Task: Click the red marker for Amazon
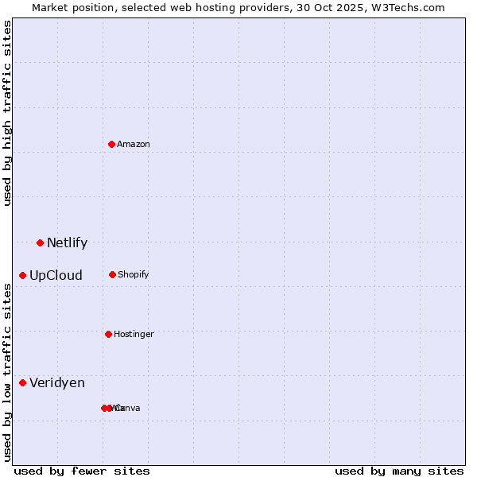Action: point(112,144)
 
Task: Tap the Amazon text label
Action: point(134,145)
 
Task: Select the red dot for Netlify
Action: point(40,242)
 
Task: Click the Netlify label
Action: point(68,243)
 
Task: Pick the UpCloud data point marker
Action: point(22,275)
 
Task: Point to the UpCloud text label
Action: point(56,276)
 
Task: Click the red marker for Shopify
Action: point(112,274)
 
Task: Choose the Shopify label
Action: point(134,275)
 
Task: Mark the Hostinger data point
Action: point(108,334)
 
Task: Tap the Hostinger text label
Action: point(134,335)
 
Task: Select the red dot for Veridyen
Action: point(22,382)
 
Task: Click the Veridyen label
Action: point(57,383)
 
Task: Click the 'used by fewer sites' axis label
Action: point(82,471)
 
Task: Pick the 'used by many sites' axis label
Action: point(399,471)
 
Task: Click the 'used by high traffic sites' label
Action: point(7,114)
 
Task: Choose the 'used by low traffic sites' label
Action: point(7,372)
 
